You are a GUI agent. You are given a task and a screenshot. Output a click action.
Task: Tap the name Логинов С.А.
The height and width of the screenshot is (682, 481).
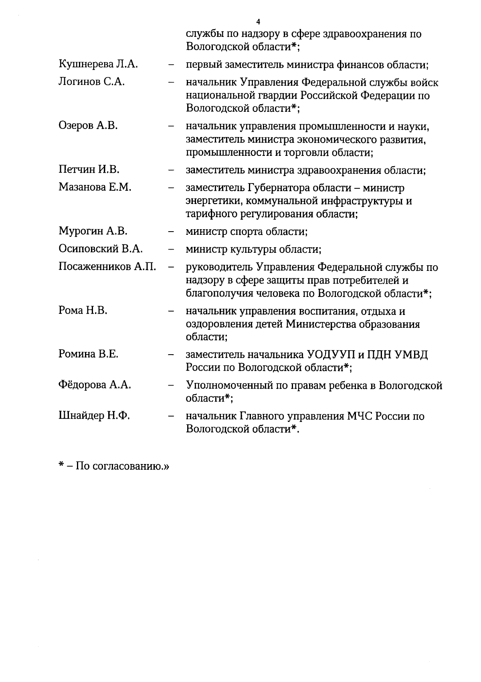tap(91, 82)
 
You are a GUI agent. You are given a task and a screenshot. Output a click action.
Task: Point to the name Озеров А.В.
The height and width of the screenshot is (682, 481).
tap(88, 126)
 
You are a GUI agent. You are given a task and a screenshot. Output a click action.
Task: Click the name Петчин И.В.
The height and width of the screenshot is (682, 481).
tap(89, 169)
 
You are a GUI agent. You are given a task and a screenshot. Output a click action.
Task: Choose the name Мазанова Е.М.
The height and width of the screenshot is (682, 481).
tap(95, 187)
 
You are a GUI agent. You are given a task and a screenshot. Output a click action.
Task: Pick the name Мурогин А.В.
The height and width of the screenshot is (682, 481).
tap(93, 231)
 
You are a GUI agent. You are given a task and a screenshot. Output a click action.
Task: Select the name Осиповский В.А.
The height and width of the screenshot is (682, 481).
tap(101, 249)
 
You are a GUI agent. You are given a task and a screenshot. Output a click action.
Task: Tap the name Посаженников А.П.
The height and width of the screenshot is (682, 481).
tap(107, 266)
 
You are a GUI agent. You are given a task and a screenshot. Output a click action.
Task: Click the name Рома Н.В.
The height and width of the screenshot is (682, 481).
tap(83, 311)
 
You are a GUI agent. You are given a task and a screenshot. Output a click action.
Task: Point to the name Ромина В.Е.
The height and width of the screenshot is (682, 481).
tap(88, 354)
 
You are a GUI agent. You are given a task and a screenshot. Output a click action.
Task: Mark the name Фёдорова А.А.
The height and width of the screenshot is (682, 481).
tap(95, 385)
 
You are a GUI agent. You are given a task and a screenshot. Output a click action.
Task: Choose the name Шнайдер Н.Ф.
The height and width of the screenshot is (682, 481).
tap(94, 416)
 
